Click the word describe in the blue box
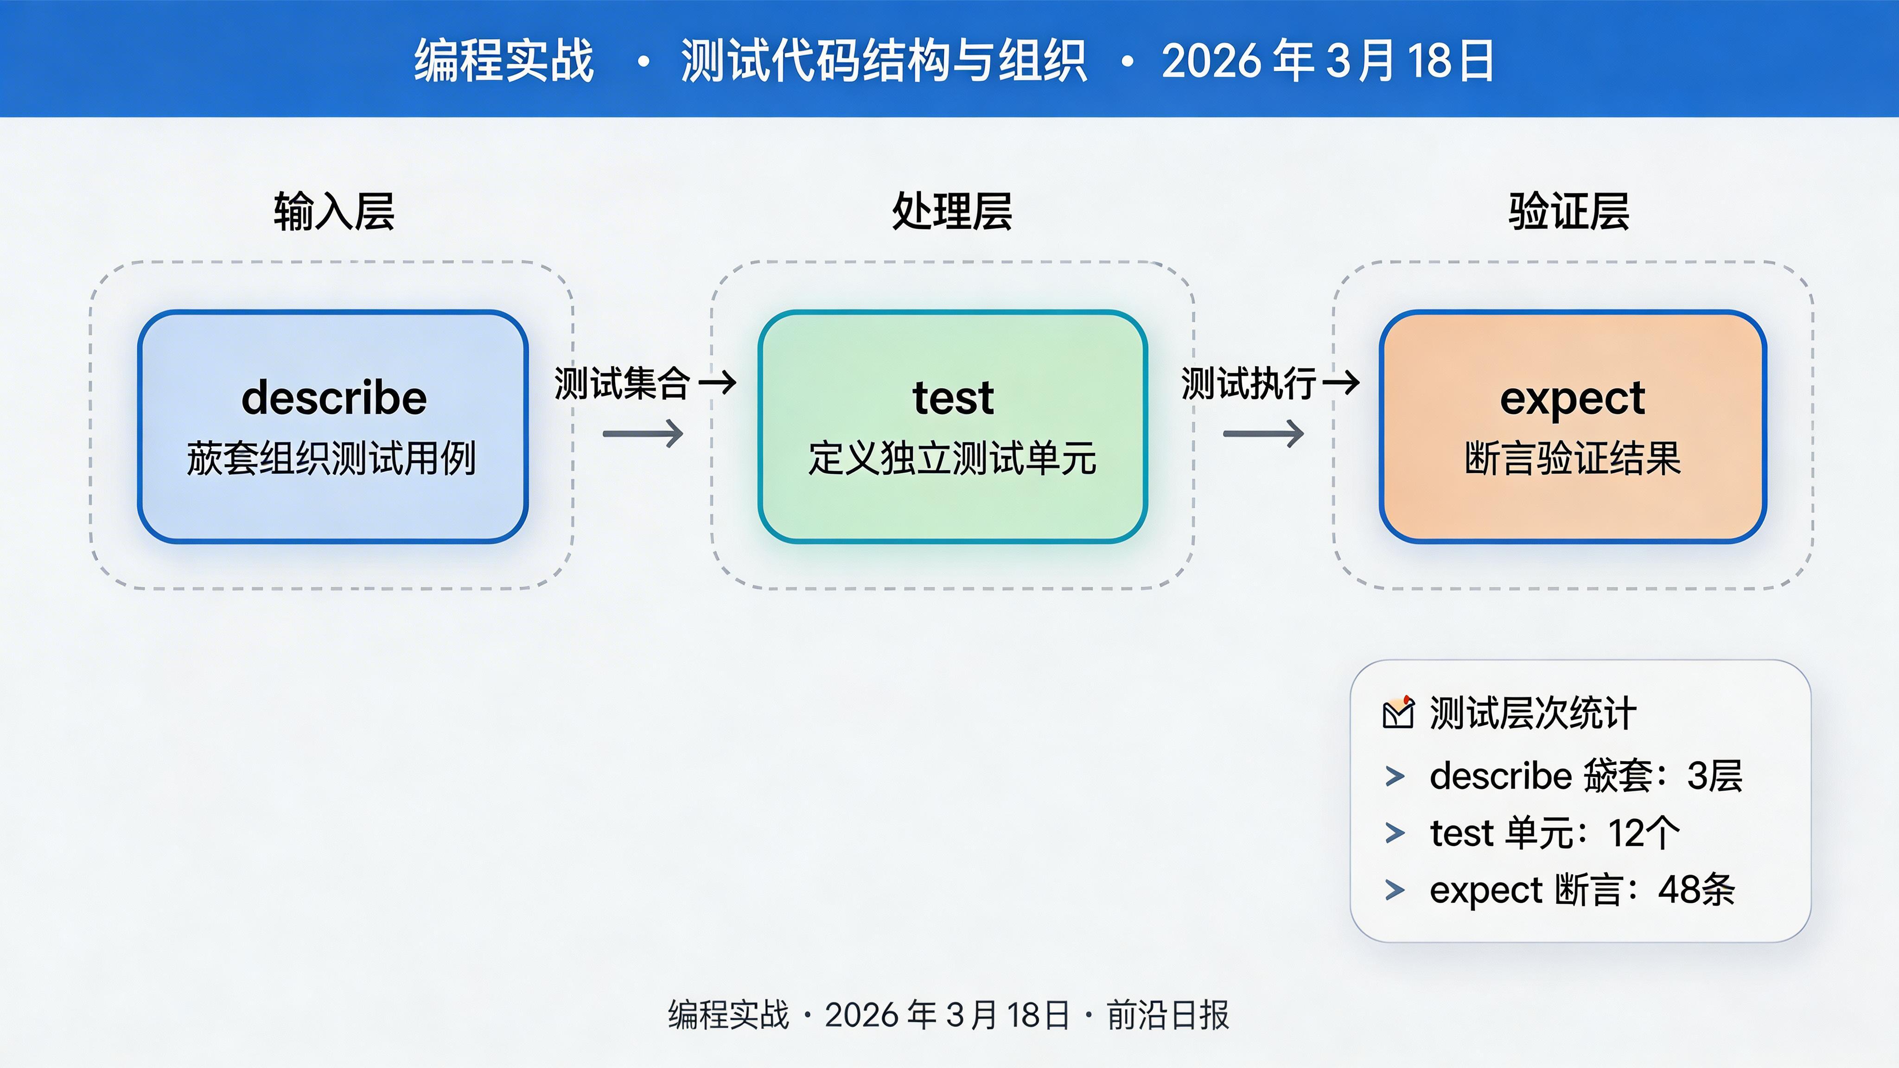[334, 398]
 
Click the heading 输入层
[334, 211]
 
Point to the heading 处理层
[952, 211]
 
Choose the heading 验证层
[1569, 211]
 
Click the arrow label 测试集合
[621, 383]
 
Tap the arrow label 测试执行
[1248, 383]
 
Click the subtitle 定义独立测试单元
[952, 458]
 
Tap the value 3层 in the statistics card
[1714, 776]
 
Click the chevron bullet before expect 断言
[1395, 890]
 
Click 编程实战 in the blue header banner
[503, 60]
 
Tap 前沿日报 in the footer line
[1168, 1015]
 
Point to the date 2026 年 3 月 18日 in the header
[1327, 60]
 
